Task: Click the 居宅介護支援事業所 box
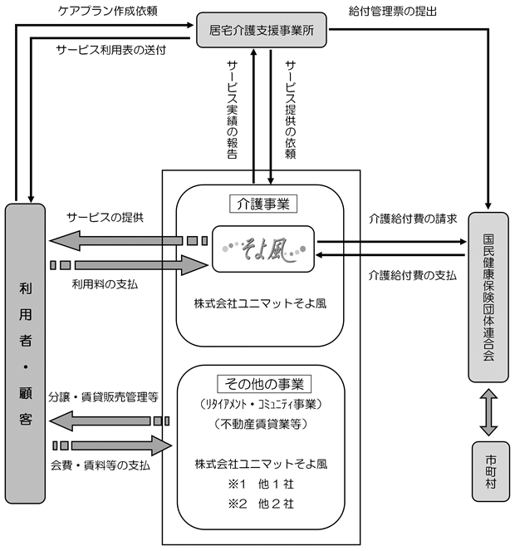(262, 30)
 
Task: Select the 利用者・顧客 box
(25, 353)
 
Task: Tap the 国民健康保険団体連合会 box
(488, 297)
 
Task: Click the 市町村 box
(490, 471)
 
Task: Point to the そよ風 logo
(263, 249)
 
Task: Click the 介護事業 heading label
(263, 204)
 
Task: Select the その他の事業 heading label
(264, 384)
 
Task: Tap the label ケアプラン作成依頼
(107, 11)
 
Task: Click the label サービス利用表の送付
(111, 50)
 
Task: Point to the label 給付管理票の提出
(392, 12)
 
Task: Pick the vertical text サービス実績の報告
(233, 110)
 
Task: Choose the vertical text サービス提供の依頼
(291, 110)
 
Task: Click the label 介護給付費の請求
(413, 219)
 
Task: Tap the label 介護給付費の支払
(413, 275)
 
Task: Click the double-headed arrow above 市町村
(488, 412)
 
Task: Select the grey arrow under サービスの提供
(128, 241)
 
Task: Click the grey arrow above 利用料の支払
(130, 265)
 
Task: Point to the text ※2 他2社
(261, 504)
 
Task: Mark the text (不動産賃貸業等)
(261, 424)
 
